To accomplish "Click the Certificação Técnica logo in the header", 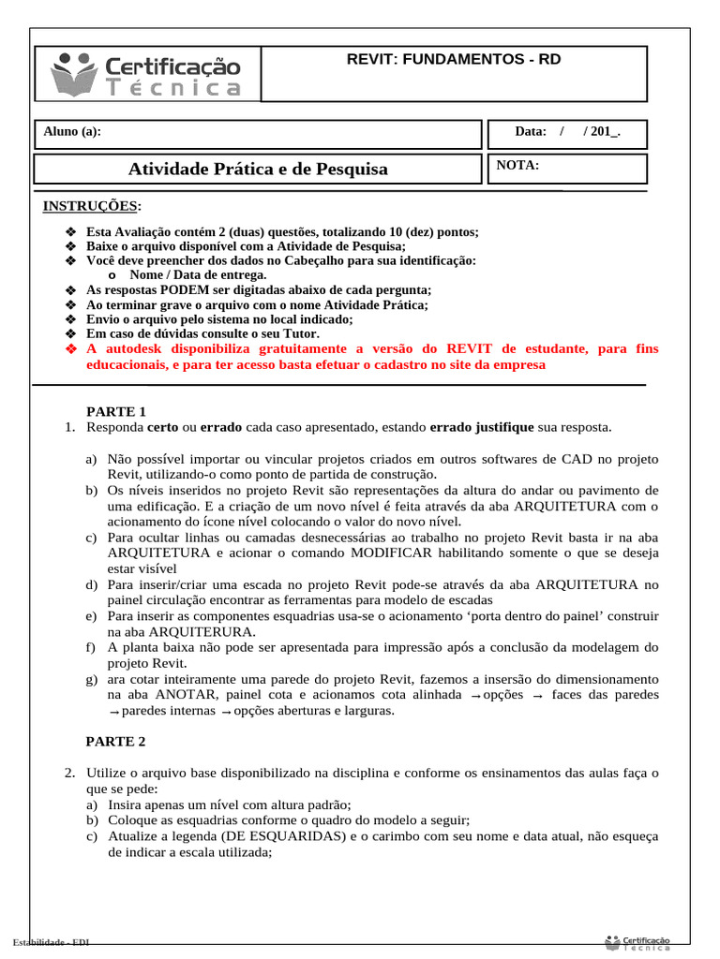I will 147,74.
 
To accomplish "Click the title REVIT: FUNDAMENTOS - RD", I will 454,59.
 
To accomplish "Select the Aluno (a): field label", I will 72,132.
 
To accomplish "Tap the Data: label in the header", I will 531,132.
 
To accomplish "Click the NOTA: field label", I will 517,165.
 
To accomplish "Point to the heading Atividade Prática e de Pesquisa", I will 257,170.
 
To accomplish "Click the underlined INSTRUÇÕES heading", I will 92,206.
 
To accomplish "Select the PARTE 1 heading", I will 116,411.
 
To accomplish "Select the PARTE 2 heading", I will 116,742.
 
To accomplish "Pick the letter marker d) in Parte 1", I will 91,585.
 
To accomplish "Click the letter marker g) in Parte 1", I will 91,679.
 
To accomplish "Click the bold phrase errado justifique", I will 481,427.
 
